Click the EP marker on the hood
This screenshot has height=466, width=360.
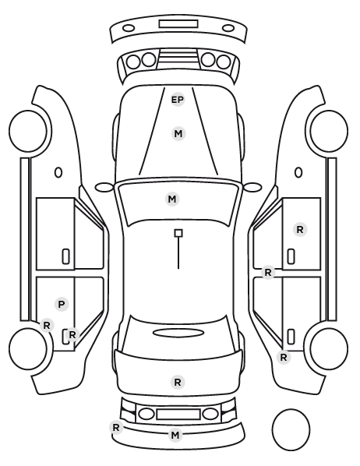point(178,100)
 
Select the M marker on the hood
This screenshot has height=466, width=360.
point(178,134)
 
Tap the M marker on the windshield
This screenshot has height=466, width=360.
point(172,199)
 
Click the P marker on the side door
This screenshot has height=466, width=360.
point(62,305)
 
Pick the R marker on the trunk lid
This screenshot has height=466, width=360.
point(178,382)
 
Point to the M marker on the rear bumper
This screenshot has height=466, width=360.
point(175,435)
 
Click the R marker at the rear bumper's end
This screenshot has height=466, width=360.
point(116,428)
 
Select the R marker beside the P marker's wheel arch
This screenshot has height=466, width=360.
point(47,326)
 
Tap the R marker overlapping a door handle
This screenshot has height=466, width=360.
point(72,335)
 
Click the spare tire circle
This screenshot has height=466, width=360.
point(291,429)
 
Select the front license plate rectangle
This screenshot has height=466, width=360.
point(178,24)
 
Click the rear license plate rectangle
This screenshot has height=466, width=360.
point(178,415)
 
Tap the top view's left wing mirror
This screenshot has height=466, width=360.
point(104,187)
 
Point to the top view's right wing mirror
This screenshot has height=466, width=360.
point(252,187)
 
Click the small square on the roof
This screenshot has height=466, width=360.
point(178,233)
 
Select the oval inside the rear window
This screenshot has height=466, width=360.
point(178,333)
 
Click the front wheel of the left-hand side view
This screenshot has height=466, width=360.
point(29,131)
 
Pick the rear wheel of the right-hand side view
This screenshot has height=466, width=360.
point(329,348)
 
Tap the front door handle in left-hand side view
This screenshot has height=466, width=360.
point(66,256)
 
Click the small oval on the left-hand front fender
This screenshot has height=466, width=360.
point(58,172)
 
